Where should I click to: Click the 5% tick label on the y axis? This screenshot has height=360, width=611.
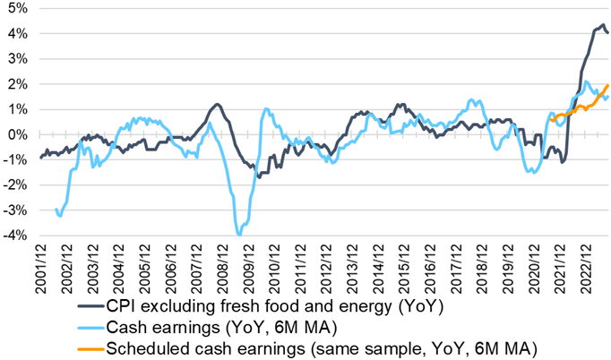pyautogui.click(x=16, y=8)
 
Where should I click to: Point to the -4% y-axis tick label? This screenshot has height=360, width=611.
pyautogui.click(x=14, y=236)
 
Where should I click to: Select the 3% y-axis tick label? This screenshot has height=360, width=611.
pyautogui.click(x=16, y=58)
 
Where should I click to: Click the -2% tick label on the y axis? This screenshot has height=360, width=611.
pyautogui.click(x=14, y=185)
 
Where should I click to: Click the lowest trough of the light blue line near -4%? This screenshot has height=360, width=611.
pyautogui.click(x=239, y=235)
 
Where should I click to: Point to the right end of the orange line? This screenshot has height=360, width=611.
pyautogui.click(x=608, y=85)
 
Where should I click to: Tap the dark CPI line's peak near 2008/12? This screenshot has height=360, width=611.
pyautogui.click(x=219, y=105)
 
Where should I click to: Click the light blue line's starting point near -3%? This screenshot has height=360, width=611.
pyautogui.click(x=56, y=210)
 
